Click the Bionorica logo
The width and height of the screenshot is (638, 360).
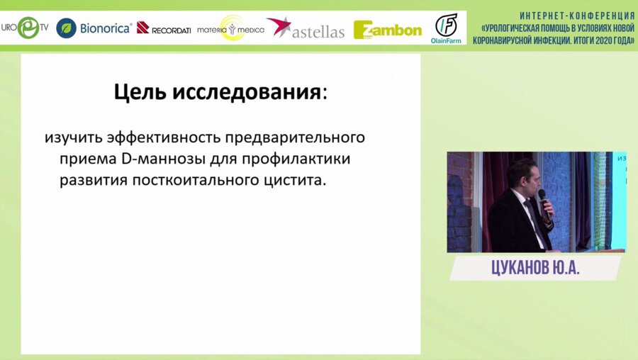point(94,28)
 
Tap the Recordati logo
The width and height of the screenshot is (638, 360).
point(164,28)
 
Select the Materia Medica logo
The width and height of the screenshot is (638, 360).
point(230,29)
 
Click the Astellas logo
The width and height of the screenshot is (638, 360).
point(306,29)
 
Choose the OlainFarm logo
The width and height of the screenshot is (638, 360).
point(446,28)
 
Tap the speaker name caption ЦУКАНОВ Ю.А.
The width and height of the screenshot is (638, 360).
point(535,268)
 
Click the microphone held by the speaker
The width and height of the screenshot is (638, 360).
point(543,199)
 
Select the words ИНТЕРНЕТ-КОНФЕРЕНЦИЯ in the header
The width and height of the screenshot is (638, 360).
point(576,16)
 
